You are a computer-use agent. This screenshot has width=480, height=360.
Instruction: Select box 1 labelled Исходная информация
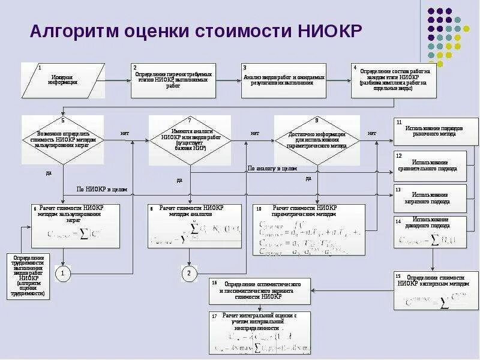coord(63,80)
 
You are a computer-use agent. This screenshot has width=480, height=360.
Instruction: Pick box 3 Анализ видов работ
coord(283,80)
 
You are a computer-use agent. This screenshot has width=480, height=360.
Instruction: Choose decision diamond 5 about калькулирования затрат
coord(63,140)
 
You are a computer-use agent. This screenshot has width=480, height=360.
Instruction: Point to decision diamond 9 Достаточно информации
coord(316,140)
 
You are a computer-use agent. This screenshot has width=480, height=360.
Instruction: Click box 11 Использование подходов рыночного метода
coord(430,131)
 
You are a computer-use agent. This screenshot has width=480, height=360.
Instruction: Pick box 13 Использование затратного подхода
coord(430,197)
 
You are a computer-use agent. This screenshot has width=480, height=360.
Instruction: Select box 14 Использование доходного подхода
coord(430,232)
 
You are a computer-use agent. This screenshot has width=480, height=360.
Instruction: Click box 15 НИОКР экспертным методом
coord(430,291)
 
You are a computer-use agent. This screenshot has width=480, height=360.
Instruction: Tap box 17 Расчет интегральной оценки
coord(259,332)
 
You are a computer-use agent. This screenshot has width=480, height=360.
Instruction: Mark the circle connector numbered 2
coord(189,274)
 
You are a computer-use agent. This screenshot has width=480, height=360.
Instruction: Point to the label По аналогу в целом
coord(272,169)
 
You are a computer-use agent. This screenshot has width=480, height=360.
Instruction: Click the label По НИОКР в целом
coord(102,189)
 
